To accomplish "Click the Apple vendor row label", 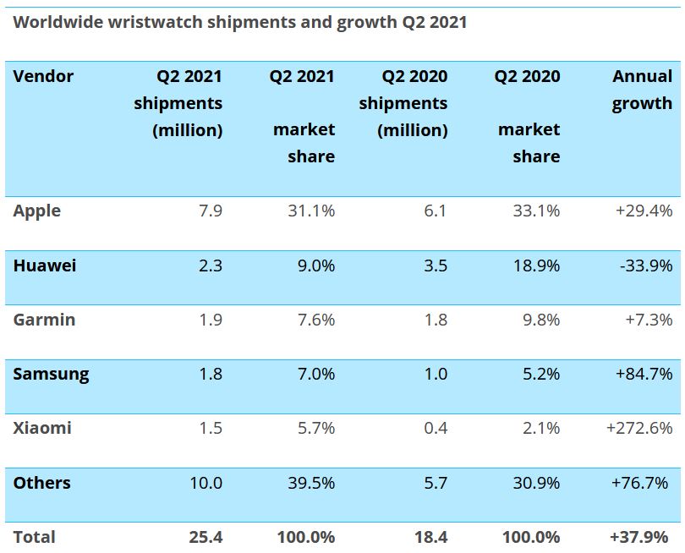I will coord(36,211).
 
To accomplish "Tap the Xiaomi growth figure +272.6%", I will coord(639,428).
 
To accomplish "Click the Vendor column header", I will coord(43,76).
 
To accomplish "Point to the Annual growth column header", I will coord(642,90).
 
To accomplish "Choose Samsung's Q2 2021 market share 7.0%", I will coord(315,374).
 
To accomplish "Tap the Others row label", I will coord(41,483).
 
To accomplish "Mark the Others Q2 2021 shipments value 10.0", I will coord(205,483).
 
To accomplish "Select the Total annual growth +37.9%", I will coord(640,537).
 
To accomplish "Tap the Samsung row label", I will coord(51,374).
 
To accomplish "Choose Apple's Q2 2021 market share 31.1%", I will coord(310,211).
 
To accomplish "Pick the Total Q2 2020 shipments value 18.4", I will coord(430,537).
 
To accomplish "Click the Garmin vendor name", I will coord(44,320).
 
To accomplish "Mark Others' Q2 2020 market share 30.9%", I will coord(536,483).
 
